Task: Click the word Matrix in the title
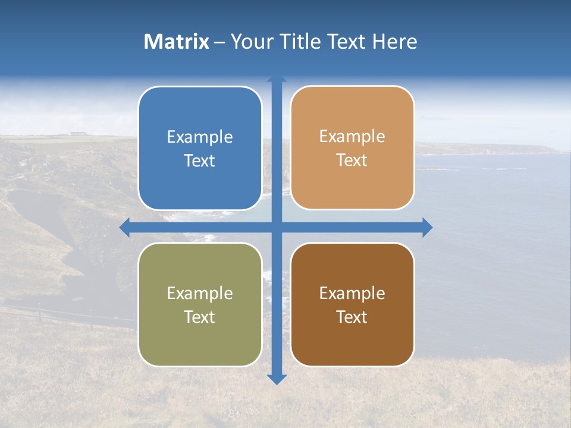(x=177, y=42)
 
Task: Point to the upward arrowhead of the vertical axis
(x=277, y=78)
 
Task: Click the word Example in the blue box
(x=200, y=137)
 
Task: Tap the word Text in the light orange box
(x=352, y=160)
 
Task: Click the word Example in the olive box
(x=200, y=293)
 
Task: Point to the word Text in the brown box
(x=352, y=317)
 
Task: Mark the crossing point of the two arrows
(x=277, y=228)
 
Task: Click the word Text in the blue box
(x=200, y=160)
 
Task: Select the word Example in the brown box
(x=352, y=293)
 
